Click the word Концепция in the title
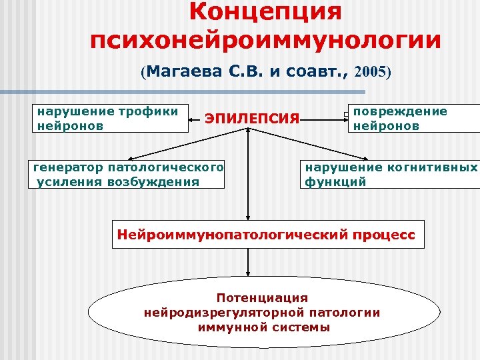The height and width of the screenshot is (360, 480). click(265, 11)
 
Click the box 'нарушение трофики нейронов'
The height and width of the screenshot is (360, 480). click(111, 118)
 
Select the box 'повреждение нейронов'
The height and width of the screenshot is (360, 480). click(413, 118)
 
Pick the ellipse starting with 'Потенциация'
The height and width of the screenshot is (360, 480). click(265, 313)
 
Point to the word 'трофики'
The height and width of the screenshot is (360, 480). click(153, 111)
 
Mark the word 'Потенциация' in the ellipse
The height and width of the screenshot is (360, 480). click(262, 297)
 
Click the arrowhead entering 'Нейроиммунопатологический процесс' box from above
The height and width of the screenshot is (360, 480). click(248, 215)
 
